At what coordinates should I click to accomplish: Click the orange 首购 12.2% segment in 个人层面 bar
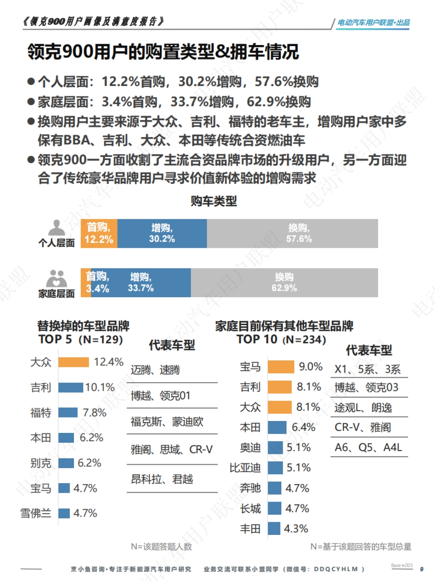point(99,233)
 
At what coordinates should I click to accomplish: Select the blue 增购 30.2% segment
point(162,233)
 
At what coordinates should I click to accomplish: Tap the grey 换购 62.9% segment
point(284,283)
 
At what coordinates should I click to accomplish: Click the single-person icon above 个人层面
point(57,228)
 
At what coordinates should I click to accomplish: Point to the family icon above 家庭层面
point(57,278)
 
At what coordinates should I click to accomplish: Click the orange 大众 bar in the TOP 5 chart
point(74,362)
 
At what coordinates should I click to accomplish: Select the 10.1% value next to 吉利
point(100,387)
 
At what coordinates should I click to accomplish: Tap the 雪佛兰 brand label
point(36,513)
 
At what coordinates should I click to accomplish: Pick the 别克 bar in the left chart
point(66,463)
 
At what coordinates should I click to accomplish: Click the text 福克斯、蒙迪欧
point(167,422)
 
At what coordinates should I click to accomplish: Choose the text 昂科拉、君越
point(162,479)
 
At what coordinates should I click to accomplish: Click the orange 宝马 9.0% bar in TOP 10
point(281,367)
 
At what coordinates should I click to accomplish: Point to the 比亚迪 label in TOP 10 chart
point(245,468)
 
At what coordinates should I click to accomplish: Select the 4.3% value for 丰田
point(296,528)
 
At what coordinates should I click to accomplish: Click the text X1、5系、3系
point(368,369)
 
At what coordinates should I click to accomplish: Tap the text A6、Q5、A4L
point(368,447)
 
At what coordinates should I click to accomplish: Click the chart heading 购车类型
point(214,201)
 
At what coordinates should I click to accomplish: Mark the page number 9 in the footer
point(422,569)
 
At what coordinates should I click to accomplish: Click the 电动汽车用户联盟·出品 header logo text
point(373,22)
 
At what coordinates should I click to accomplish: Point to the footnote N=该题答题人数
point(161,547)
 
